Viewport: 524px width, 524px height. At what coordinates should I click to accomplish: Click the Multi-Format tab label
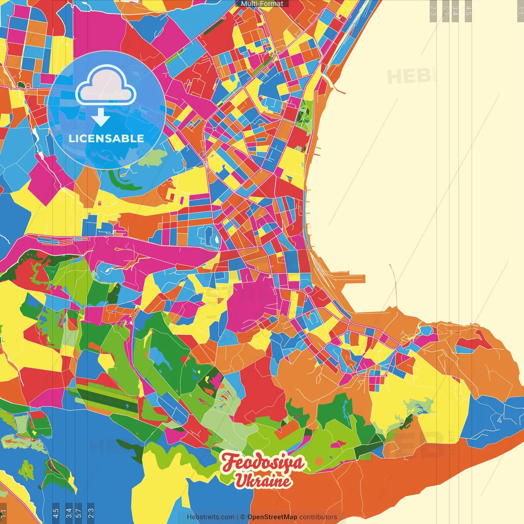click(262, 4)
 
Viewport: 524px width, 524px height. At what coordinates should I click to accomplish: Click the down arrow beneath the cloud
click(100, 117)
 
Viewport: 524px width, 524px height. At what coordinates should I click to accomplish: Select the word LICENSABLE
click(106, 138)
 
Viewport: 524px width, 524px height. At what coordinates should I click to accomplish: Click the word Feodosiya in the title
click(263, 463)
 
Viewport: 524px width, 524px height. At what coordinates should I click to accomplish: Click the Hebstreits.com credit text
click(210, 517)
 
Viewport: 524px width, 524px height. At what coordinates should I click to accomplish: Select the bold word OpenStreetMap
click(272, 517)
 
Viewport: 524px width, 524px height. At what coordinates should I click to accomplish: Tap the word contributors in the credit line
click(318, 517)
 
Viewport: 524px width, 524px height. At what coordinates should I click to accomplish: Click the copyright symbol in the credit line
click(243, 517)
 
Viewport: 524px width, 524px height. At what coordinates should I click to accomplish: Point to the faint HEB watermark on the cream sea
click(409, 77)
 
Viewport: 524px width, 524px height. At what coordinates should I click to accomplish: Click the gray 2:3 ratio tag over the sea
click(433, 11)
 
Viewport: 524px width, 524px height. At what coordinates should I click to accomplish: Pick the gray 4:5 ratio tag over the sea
click(468, 11)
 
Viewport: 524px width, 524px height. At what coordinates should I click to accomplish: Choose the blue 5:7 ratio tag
click(79, 512)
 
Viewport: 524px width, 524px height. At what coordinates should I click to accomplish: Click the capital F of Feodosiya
click(230, 463)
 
